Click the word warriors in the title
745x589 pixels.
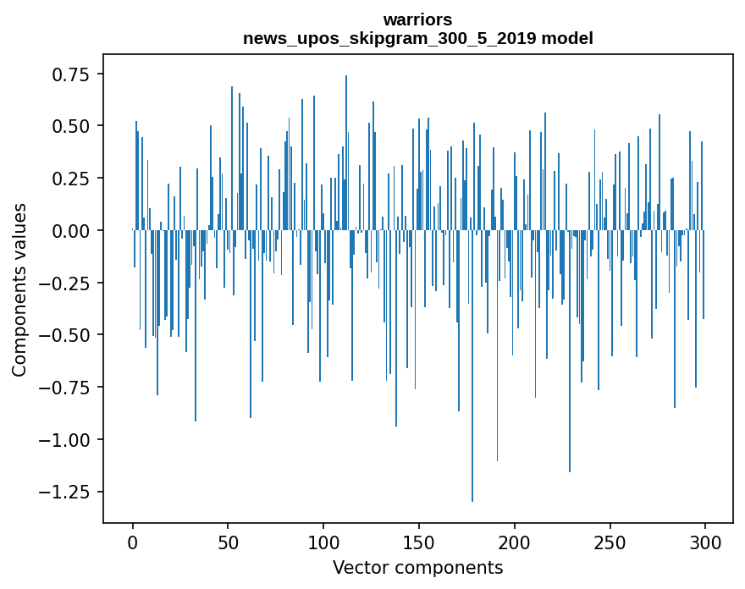417,19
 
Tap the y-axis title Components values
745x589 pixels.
19,289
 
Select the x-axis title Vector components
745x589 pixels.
417,567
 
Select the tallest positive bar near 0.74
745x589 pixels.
346,152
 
